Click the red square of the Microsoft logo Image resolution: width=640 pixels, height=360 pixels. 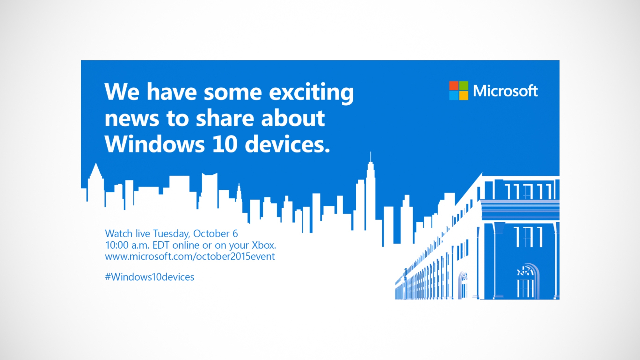coord(454,86)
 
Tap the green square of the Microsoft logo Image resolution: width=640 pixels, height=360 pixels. coord(464,86)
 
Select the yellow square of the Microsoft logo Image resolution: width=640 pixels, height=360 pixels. coord(464,96)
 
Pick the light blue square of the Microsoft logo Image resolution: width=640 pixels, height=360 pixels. coord(454,96)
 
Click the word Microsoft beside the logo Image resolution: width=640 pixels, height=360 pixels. coord(505,91)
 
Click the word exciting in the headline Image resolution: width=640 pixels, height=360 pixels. coord(311,92)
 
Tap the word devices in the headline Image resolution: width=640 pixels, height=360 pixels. coord(287,144)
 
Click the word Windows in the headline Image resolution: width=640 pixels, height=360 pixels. coord(155,144)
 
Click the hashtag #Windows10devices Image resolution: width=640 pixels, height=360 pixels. coord(149,277)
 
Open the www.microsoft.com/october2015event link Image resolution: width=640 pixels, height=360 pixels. coord(190,257)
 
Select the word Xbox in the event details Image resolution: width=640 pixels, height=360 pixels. coord(264,245)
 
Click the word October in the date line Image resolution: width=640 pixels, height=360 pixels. coord(211,234)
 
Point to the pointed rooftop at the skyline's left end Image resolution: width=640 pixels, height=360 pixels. coord(96,169)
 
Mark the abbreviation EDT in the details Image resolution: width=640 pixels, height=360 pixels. coord(161,245)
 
